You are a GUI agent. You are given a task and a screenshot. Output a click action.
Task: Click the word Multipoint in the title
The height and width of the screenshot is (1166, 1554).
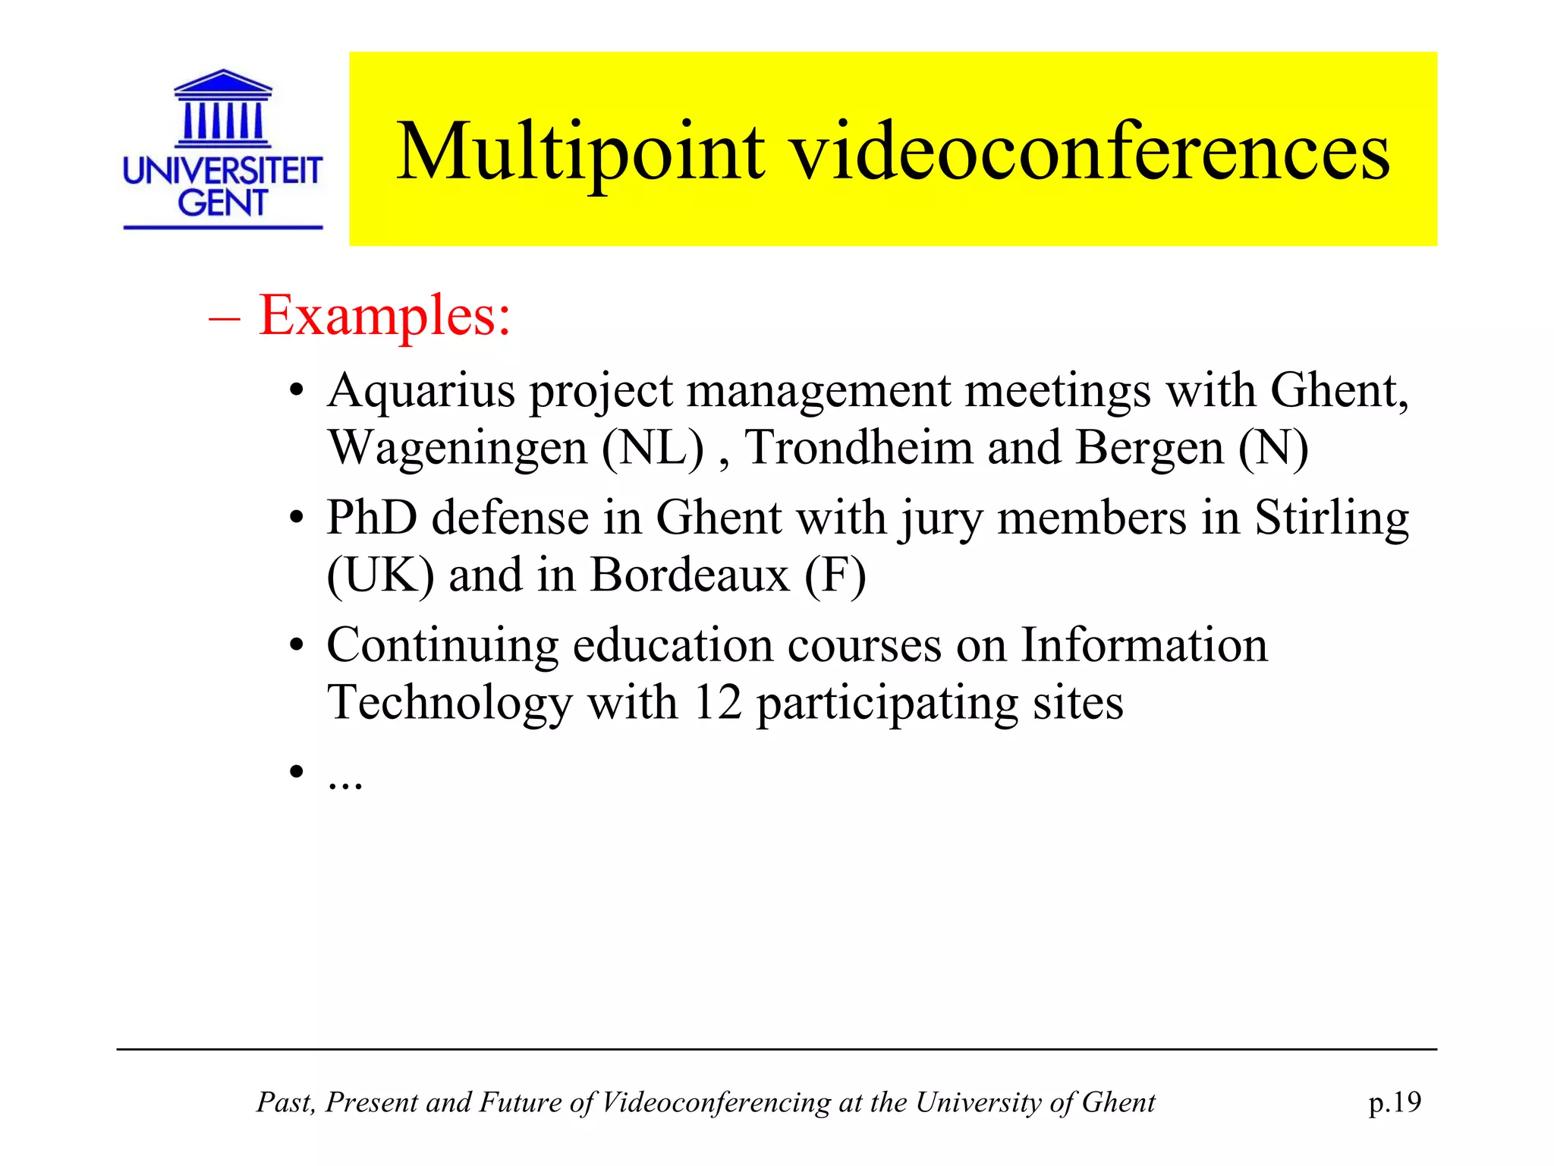[x=580, y=153]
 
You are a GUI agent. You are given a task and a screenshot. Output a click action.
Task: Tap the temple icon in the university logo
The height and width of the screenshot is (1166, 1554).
[x=223, y=109]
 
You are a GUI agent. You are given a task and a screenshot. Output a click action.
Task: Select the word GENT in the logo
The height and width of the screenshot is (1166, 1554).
[x=222, y=203]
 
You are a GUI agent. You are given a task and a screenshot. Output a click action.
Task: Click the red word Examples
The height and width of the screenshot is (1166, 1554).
[x=385, y=315]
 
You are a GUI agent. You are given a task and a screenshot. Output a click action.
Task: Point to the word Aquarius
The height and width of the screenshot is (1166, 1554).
[x=421, y=392]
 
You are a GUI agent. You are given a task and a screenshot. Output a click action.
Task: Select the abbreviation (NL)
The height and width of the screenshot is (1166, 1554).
[x=653, y=448]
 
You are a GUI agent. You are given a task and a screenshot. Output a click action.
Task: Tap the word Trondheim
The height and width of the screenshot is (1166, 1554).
[x=858, y=448]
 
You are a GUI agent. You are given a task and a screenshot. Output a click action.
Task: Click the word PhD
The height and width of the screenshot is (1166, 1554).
[x=372, y=518]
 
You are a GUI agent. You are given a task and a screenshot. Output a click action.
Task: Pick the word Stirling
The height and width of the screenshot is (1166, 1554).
[x=1332, y=520]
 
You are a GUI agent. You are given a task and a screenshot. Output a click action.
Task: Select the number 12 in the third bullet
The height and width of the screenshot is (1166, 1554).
[x=717, y=703]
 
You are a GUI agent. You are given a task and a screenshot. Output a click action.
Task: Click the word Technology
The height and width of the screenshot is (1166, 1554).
[x=450, y=704]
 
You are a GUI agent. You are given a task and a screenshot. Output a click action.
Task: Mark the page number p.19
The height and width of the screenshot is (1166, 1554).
[x=1395, y=1102]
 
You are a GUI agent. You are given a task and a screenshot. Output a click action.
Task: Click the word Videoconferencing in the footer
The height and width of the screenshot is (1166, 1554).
[x=716, y=1102]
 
